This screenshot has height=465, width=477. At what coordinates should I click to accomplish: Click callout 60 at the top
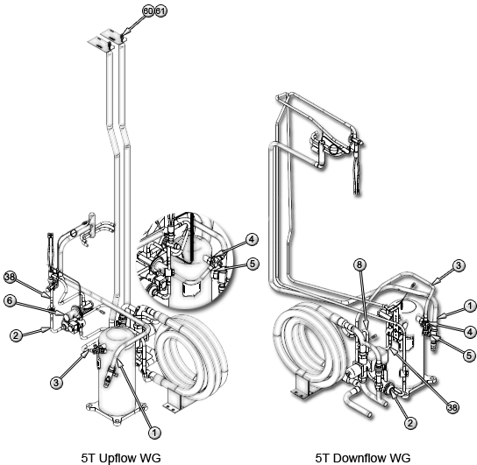click(148, 11)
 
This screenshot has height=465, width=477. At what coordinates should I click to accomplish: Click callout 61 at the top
click(161, 11)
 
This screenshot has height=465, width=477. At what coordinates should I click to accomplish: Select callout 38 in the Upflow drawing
click(10, 277)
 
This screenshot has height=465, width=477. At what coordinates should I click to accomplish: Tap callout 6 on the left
click(10, 300)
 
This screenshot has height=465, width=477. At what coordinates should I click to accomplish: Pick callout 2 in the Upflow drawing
click(16, 335)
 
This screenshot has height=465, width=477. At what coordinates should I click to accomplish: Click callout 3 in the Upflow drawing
click(56, 383)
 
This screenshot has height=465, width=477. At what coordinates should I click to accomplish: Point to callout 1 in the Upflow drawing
click(154, 433)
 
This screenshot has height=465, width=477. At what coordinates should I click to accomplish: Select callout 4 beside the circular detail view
click(252, 240)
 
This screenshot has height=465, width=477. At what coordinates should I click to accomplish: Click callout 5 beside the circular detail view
click(253, 264)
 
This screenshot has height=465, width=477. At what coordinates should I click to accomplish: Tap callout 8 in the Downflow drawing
click(360, 264)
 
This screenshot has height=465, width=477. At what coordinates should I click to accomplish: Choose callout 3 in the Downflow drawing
click(459, 265)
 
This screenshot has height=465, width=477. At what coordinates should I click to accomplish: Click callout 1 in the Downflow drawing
click(470, 306)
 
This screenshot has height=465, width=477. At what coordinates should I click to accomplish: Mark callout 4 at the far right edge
click(470, 332)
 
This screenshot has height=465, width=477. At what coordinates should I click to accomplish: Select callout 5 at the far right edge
click(470, 356)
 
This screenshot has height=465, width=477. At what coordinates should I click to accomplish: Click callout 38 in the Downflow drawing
click(452, 407)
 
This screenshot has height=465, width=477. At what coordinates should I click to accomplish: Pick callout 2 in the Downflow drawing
click(410, 423)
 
